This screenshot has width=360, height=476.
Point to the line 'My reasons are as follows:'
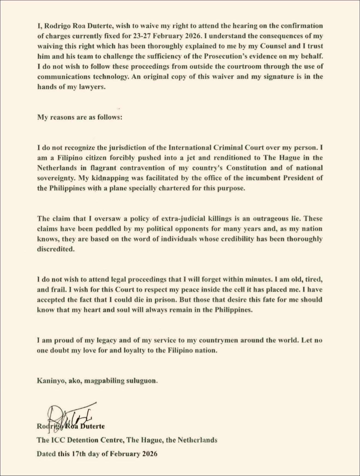pos(80,118)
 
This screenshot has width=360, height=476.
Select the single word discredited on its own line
pos(56,249)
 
